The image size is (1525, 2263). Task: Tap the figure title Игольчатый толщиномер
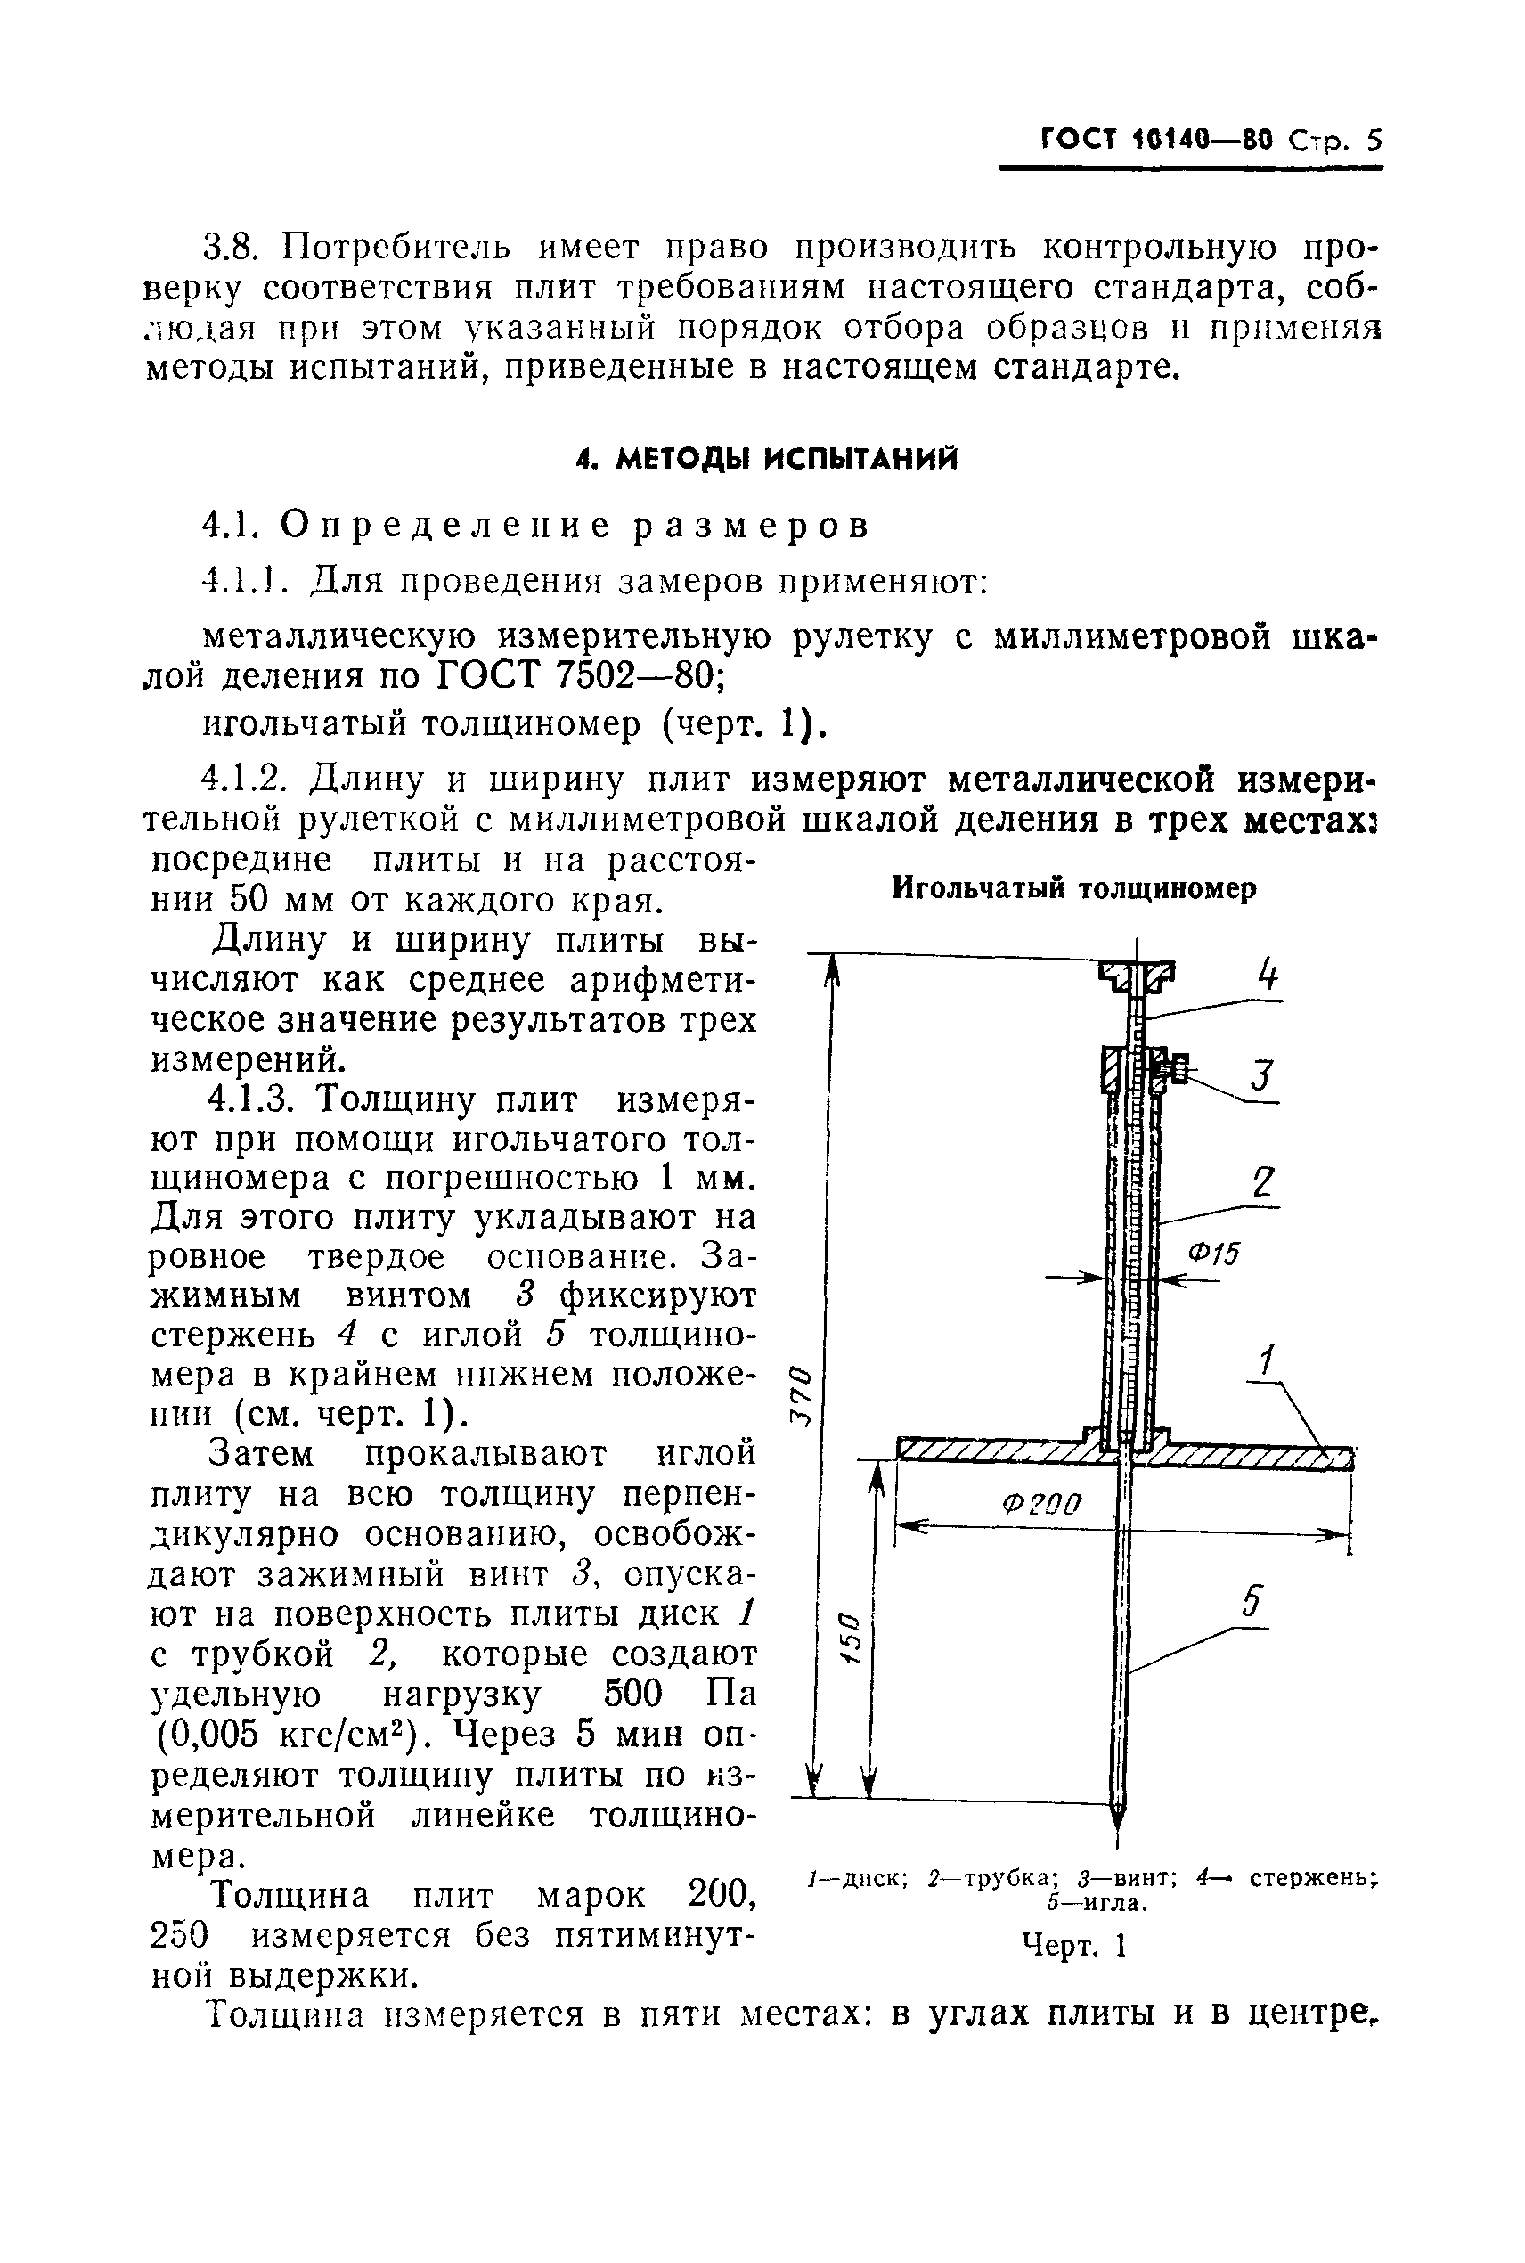tap(1074, 888)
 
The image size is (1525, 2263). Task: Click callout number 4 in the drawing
tap(1267, 975)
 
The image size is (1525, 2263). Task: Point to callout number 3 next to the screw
tap(1261, 1076)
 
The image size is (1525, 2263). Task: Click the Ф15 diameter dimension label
tap(1214, 1254)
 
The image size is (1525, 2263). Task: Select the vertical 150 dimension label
tap(848, 1638)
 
